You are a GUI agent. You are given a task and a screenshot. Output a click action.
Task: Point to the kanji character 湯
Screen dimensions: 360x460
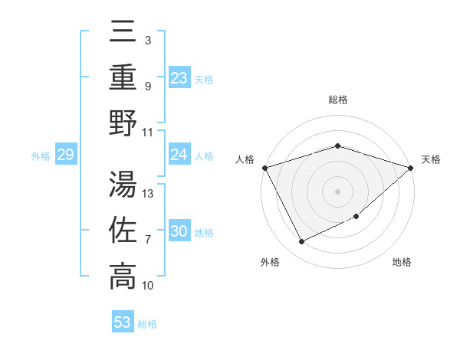(x=123, y=184)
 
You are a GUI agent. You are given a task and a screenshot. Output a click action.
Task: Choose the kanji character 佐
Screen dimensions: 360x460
(x=123, y=231)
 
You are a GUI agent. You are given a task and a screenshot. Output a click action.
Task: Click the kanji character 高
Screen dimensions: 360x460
(x=123, y=277)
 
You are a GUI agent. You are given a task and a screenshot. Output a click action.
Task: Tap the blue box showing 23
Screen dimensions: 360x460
(x=179, y=77)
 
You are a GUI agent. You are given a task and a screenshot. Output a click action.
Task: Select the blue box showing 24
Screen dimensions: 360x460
(x=179, y=155)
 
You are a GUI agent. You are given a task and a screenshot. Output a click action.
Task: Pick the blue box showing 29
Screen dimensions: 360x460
(x=65, y=155)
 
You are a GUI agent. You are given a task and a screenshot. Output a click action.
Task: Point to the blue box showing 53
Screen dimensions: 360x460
(x=122, y=322)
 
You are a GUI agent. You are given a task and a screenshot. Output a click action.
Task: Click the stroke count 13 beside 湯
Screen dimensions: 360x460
(x=148, y=193)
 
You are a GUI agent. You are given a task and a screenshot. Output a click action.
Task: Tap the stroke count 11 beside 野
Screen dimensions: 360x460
(x=148, y=131)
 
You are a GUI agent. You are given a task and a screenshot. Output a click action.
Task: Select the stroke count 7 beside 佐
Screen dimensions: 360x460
(x=148, y=240)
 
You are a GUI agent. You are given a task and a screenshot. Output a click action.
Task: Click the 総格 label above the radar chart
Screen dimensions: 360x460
(x=338, y=100)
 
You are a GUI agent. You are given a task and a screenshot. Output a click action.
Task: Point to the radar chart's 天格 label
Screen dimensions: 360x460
(x=432, y=159)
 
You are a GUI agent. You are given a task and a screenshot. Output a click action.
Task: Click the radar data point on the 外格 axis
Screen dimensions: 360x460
(x=301, y=242)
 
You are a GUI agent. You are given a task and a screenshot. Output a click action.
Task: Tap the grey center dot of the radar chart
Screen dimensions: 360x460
(x=338, y=191)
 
